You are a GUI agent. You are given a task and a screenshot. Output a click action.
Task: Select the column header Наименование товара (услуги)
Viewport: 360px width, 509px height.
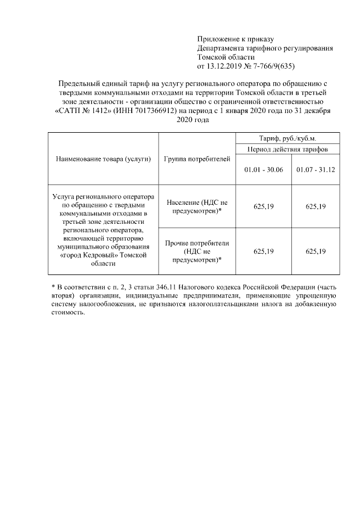click(103, 159)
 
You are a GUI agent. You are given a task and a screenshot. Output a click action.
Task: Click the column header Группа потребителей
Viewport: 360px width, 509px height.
click(197, 159)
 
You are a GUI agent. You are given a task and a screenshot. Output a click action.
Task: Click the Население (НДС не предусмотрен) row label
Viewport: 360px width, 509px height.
click(197, 206)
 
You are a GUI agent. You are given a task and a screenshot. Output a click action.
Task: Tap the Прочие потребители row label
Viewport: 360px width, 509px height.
click(197, 251)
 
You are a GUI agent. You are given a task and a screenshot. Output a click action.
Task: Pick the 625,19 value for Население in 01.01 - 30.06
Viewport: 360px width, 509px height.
click(263, 206)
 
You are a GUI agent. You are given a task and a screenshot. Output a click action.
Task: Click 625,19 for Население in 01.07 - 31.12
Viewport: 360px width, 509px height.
click(316, 206)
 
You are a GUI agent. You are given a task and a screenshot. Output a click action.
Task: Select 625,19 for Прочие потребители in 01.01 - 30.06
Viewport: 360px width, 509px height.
click(263, 251)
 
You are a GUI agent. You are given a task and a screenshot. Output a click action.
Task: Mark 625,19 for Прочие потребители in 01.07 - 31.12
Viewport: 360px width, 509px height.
click(316, 251)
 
